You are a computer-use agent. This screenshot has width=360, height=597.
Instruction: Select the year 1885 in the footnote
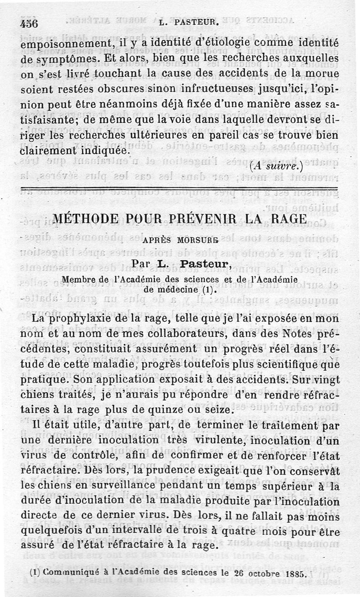coord(295,574)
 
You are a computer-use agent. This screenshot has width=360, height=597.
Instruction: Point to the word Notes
coord(292,334)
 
